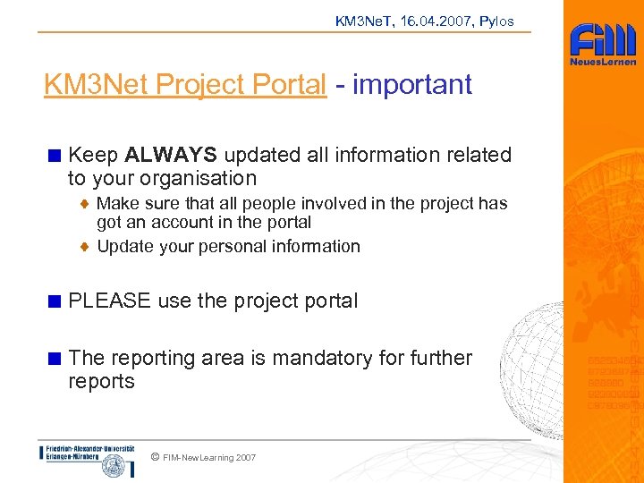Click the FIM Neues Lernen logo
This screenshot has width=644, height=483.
[604, 45]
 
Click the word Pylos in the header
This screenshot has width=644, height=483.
[496, 21]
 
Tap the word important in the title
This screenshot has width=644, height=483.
[412, 85]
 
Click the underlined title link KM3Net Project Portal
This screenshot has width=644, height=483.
[185, 85]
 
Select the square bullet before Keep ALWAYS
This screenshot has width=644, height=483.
[55, 156]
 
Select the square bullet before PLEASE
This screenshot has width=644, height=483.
[55, 301]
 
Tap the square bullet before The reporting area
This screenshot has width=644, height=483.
[55, 359]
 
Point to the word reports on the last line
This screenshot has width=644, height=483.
[101, 381]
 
